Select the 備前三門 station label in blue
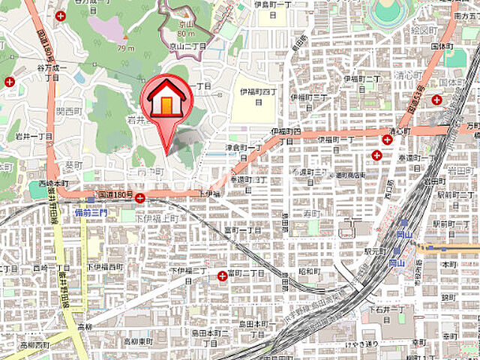91,213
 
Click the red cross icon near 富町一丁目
222,276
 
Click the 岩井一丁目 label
34,136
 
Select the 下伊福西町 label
104,266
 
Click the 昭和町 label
310,271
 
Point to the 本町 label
449,265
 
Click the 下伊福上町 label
158,218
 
